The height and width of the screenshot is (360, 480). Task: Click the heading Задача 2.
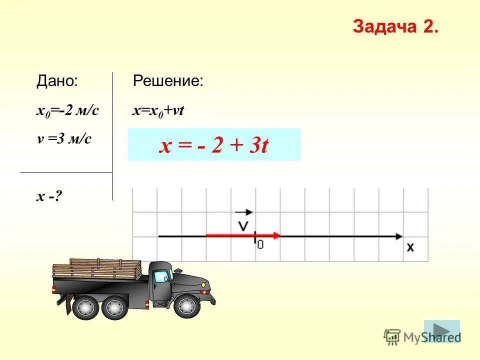(395, 27)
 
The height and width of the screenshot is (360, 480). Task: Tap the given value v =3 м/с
(64, 139)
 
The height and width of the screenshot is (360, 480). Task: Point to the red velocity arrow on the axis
(243, 235)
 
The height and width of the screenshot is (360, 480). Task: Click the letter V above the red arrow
(243, 225)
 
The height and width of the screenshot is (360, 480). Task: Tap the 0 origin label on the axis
(260, 244)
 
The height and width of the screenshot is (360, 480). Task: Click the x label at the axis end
(410, 247)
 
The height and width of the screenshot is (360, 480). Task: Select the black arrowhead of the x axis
(398, 235)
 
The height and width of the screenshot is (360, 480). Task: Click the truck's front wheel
(187, 306)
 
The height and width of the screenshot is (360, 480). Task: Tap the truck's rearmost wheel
(86, 307)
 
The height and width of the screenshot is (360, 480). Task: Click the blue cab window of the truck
(161, 276)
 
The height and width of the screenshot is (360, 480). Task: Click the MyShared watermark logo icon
(392, 337)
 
